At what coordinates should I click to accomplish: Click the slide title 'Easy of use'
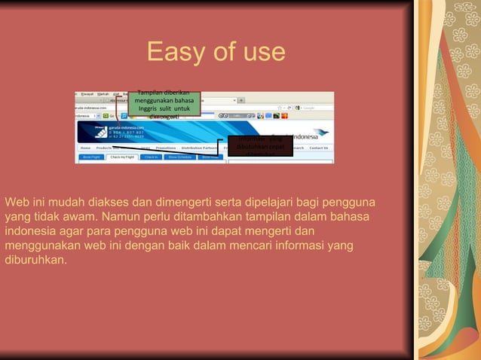click(216, 53)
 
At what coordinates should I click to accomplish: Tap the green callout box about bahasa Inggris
click(164, 103)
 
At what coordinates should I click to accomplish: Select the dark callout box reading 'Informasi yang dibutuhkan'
click(259, 145)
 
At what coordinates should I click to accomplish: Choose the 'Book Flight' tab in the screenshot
click(90, 157)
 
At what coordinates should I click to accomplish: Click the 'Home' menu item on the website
click(85, 148)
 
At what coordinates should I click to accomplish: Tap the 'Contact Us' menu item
click(319, 148)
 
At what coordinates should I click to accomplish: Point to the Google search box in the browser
click(317, 108)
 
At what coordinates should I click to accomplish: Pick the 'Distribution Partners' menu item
click(201, 148)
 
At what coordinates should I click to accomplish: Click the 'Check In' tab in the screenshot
click(152, 157)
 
